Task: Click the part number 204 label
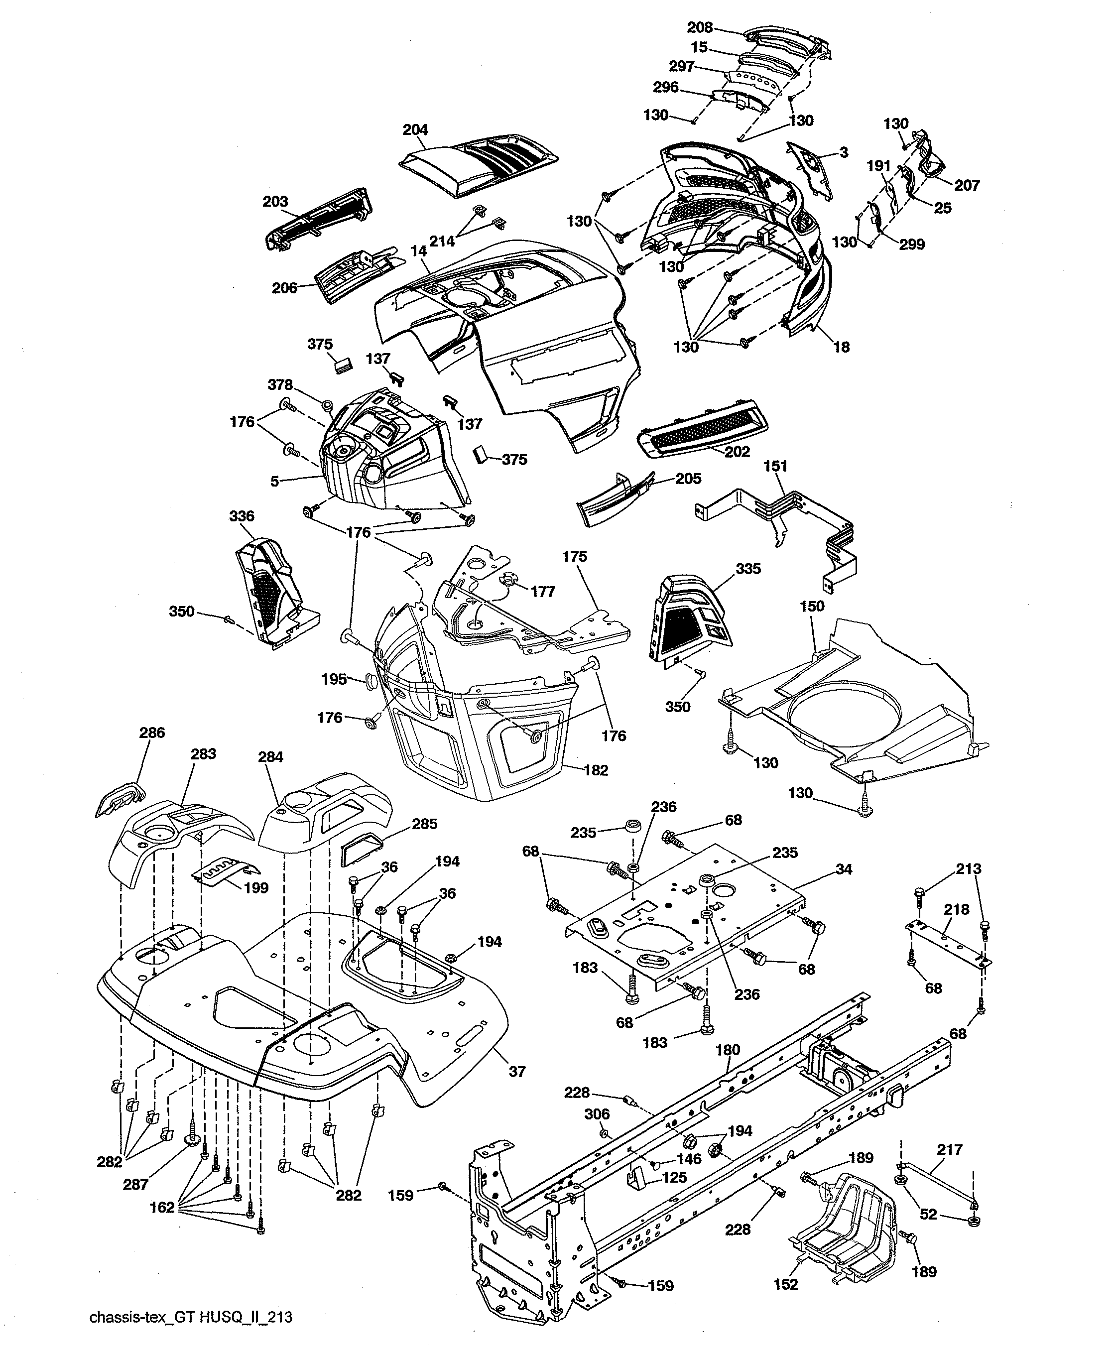pyautogui.click(x=415, y=130)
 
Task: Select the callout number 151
pyautogui.click(x=775, y=466)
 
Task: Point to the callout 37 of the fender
pyautogui.click(x=516, y=1071)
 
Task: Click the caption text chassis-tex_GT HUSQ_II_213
pyautogui.click(x=191, y=1317)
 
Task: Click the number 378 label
pyautogui.click(x=280, y=385)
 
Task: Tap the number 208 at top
pyautogui.click(x=700, y=27)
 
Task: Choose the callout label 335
pyautogui.click(x=748, y=569)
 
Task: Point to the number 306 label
pyautogui.click(x=597, y=1114)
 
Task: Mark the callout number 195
pyautogui.click(x=334, y=679)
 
